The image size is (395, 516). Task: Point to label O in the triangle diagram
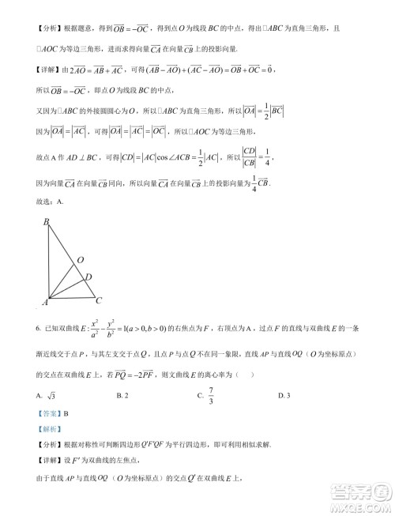click(x=80, y=259)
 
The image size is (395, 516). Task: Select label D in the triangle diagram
click(x=88, y=277)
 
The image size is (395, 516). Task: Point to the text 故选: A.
click(x=50, y=201)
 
